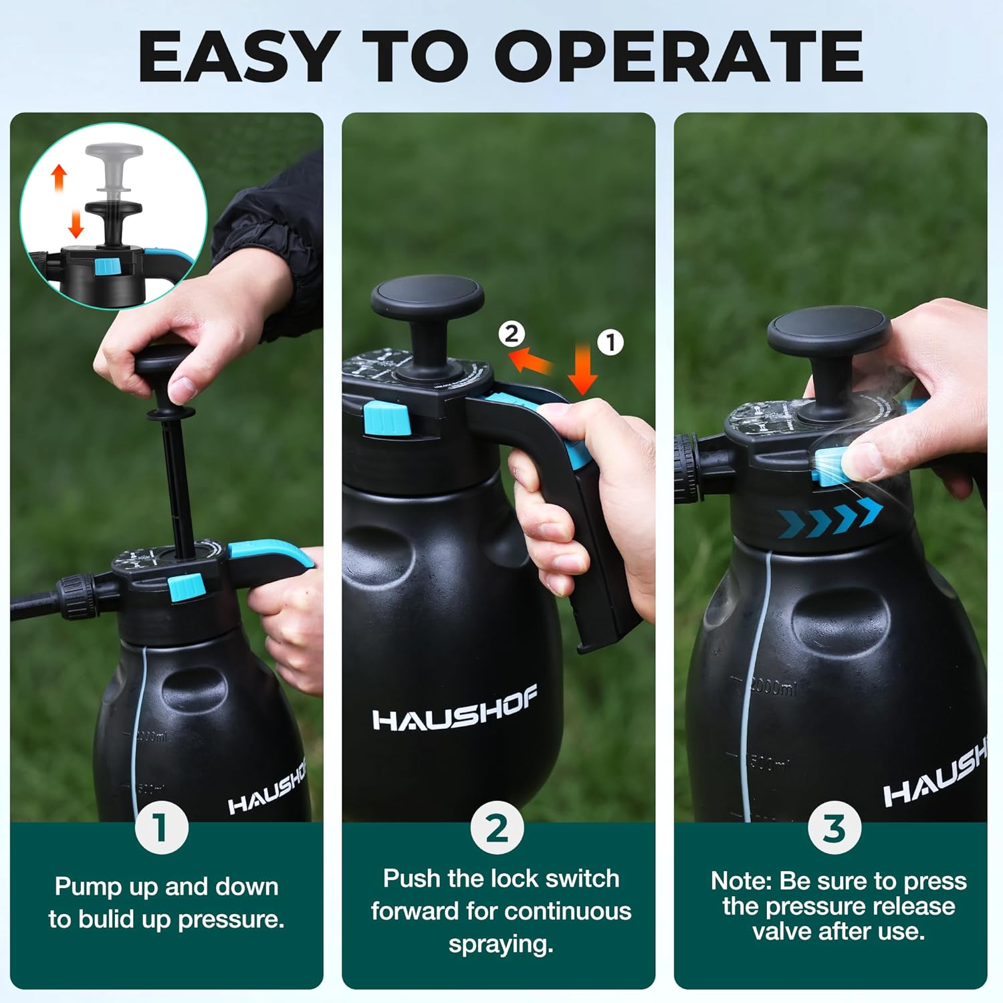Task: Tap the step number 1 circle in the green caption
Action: [x=161, y=828]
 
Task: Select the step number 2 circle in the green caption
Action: [x=497, y=828]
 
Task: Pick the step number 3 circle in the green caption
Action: [x=834, y=828]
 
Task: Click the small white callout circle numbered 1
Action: [x=610, y=342]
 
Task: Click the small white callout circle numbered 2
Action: [x=512, y=334]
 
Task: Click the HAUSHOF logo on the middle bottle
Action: [x=455, y=711]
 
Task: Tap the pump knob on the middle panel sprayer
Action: [x=428, y=300]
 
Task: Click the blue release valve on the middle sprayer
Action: [x=386, y=419]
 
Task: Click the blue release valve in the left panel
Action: [x=186, y=587]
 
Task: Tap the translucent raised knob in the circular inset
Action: [x=114, y=167]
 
